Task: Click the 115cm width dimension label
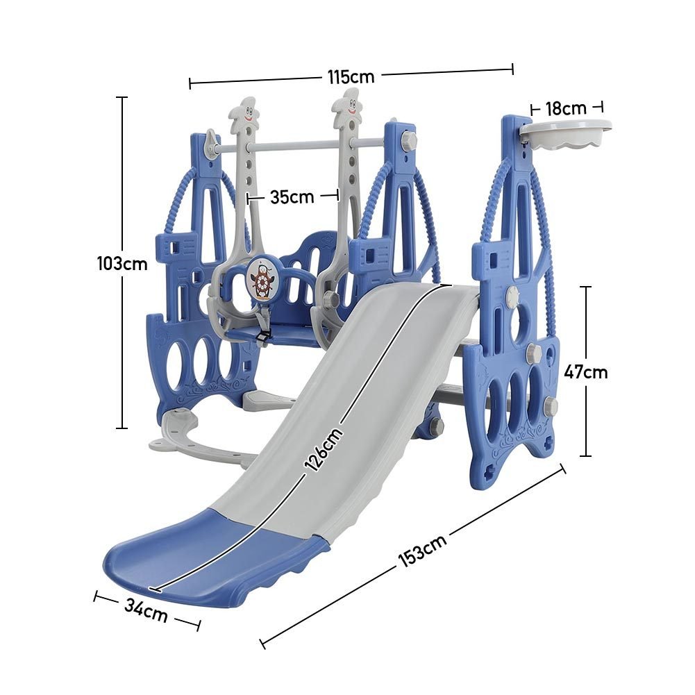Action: coord(351,76)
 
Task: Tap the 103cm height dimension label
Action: coord(122,264)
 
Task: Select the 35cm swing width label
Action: coord(292,196)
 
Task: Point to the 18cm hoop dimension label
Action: coord(566,108)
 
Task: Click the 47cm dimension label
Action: coord(585,372)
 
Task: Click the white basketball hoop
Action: coord(566,135)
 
